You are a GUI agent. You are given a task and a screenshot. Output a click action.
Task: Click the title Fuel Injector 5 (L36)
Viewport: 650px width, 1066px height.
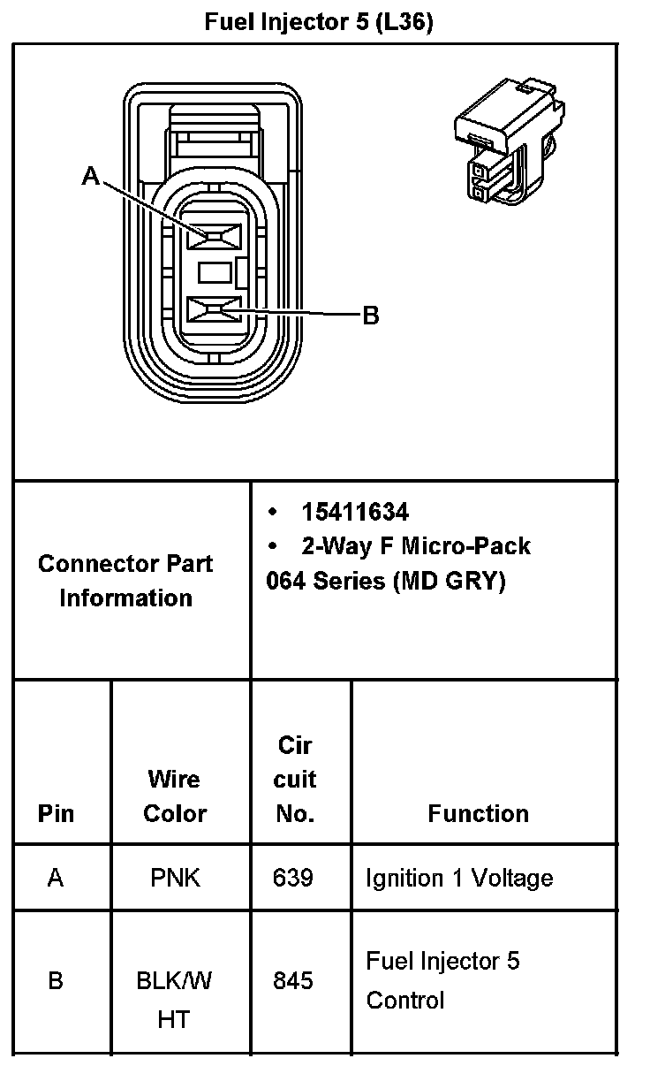[x=319, y=22]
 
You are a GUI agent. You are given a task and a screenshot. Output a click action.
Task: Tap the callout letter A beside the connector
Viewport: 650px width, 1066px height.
[x=90, y=177]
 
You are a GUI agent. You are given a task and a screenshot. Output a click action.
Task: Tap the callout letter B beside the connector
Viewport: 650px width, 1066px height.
[x=371, y=316]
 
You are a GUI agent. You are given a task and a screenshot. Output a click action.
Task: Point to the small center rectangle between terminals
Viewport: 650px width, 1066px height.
[x=215, y=272]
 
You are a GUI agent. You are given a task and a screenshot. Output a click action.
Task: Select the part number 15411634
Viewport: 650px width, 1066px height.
[x=355, y=512]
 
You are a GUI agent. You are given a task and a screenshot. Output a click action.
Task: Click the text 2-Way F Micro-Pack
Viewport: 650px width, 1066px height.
[x=416, y=545]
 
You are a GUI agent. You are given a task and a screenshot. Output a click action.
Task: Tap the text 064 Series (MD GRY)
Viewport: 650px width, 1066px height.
[x=385, y=582]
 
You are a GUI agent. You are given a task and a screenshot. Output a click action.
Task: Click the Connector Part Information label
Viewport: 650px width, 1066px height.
[x=125, y=580]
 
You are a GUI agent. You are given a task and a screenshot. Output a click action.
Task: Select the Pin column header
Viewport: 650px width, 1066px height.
[x=57, y=813]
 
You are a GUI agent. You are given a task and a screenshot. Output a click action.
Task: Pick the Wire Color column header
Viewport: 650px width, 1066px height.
[x=174, y=796]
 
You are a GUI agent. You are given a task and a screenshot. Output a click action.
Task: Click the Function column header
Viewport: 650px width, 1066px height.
[x=478, y=813]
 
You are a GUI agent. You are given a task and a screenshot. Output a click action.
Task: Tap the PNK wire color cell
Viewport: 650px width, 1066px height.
[x=177, y=878]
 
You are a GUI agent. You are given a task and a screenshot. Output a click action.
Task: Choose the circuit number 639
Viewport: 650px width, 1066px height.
[x=294, y=878]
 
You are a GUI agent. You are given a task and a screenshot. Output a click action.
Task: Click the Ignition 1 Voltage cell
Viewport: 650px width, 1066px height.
[x=459, y=878]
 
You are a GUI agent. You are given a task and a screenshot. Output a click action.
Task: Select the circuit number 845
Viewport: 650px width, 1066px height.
[x=294, y=980]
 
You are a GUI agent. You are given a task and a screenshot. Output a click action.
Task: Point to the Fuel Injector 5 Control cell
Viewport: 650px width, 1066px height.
[x=442, y=980]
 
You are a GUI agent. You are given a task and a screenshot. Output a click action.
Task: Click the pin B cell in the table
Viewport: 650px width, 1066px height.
[x=56, y=980]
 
